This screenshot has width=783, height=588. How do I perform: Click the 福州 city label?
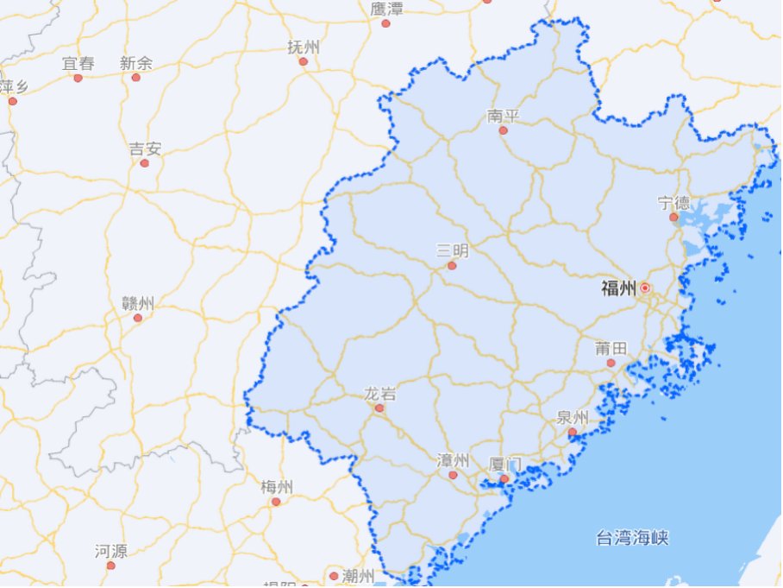(618, 288)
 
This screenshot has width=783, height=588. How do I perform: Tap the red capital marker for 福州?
(644, 288)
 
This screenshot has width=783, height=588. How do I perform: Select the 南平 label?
(503, 116)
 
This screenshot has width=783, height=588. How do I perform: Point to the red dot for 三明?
(451, 266)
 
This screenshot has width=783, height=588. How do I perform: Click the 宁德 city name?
(673, 203)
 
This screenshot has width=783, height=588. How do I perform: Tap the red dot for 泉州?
(572, 432)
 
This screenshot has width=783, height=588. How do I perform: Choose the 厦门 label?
(504, 464)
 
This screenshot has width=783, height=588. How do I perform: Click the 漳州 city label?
(453, 459)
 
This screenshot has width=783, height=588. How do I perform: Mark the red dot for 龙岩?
(379, 408)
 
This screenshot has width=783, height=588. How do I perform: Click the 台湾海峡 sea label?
(632, 539)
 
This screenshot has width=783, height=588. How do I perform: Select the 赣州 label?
(138, 303)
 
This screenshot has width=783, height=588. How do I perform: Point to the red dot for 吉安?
(144, 163)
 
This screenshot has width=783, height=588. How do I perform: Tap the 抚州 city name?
(303, 47)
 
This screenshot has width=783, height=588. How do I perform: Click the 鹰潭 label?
(386, 9)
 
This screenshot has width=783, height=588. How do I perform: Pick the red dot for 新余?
(135, 78)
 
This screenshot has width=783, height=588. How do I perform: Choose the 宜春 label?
(78, 63)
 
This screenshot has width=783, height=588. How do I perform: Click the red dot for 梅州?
(276, 502)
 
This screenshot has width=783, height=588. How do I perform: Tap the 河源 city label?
(110, 551)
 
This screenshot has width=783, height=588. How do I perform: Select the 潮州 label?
(358, 575)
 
